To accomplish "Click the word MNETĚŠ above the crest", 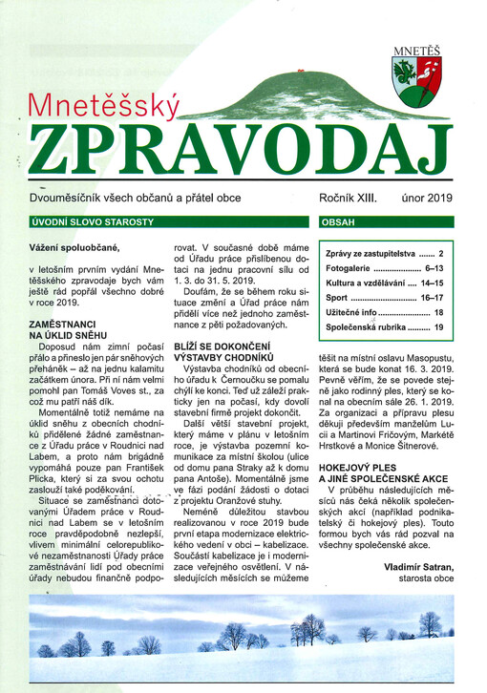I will (416, 44).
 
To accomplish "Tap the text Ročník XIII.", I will (348, 198).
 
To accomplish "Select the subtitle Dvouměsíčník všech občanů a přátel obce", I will (136, 198).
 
